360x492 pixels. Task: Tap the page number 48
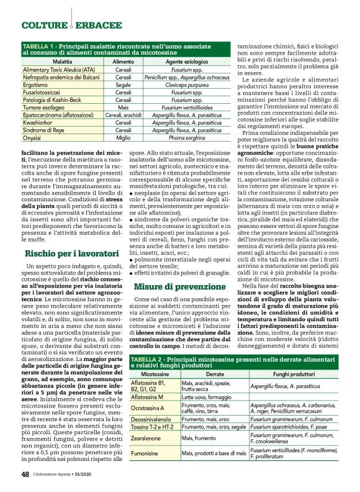coord(25,474)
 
